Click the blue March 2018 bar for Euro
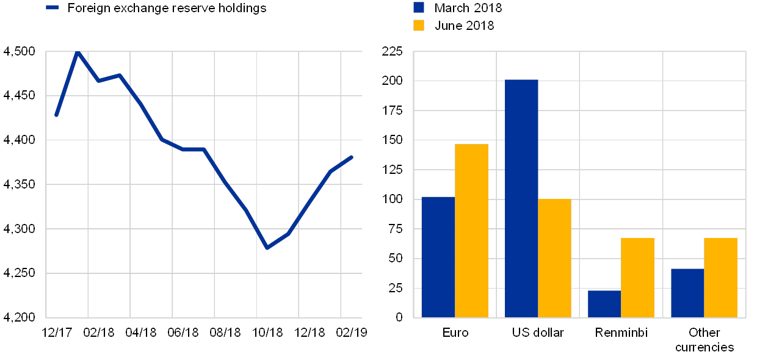click(438, 257)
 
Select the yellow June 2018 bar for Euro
click(471, 231)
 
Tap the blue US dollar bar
click(521, 198)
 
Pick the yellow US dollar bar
click(554, 258)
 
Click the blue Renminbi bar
click(604, 304)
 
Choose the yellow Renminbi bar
click(637, 278)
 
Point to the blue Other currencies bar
click(687, 293)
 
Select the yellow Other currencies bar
click(720, 278)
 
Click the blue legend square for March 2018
click(419, 7)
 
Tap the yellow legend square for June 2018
click(419, 25)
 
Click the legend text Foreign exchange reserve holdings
click(165, 8)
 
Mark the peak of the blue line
click(78, 52)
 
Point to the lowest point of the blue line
click(267, 248)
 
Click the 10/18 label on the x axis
click(267, 333)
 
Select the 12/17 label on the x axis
click(57, 333)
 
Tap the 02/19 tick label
click(352, 333)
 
